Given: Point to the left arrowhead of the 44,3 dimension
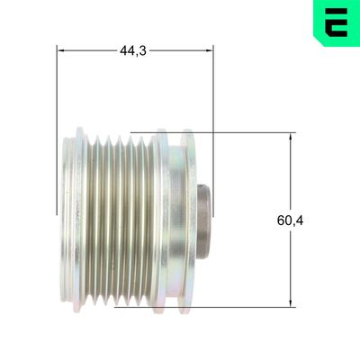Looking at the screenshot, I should (x=61, y=50).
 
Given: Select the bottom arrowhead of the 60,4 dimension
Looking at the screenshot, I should (x=292, y=303).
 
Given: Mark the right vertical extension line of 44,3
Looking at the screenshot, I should (x=215, y=108).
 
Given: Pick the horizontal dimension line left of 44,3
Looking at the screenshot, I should (x=90, y=50).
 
